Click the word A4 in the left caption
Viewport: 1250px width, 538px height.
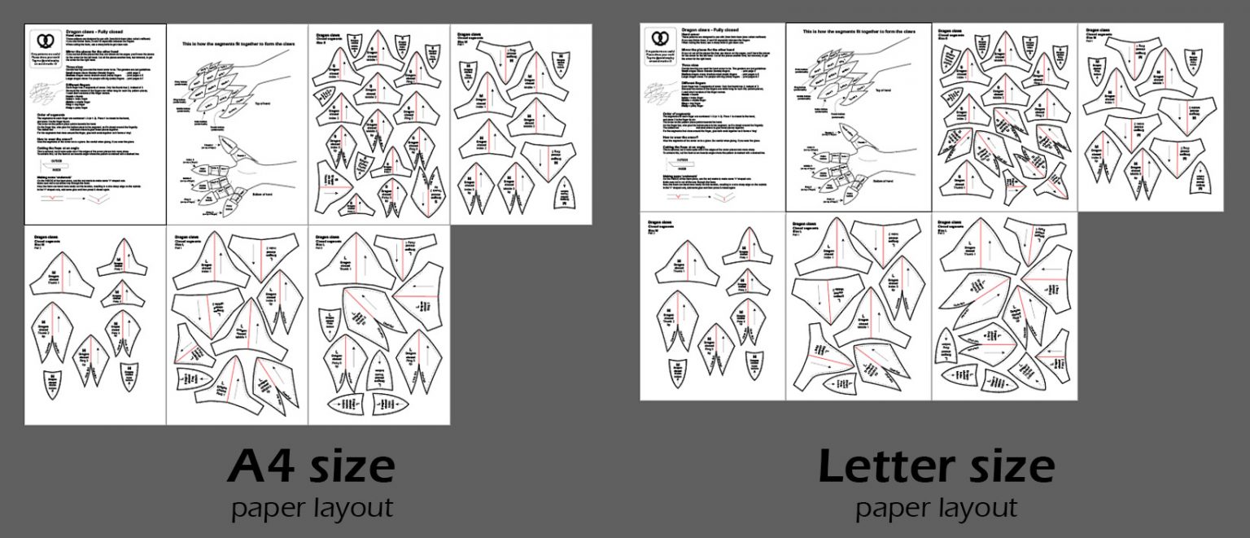(x=260, y=467)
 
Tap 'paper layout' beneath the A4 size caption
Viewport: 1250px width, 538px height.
(x=312, y=508)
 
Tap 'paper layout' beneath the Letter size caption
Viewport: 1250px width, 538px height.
(x=936, y=508)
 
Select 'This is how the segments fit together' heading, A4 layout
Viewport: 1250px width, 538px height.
(x=237, y=42)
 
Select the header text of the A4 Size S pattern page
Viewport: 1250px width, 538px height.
(x=328, y=34)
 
